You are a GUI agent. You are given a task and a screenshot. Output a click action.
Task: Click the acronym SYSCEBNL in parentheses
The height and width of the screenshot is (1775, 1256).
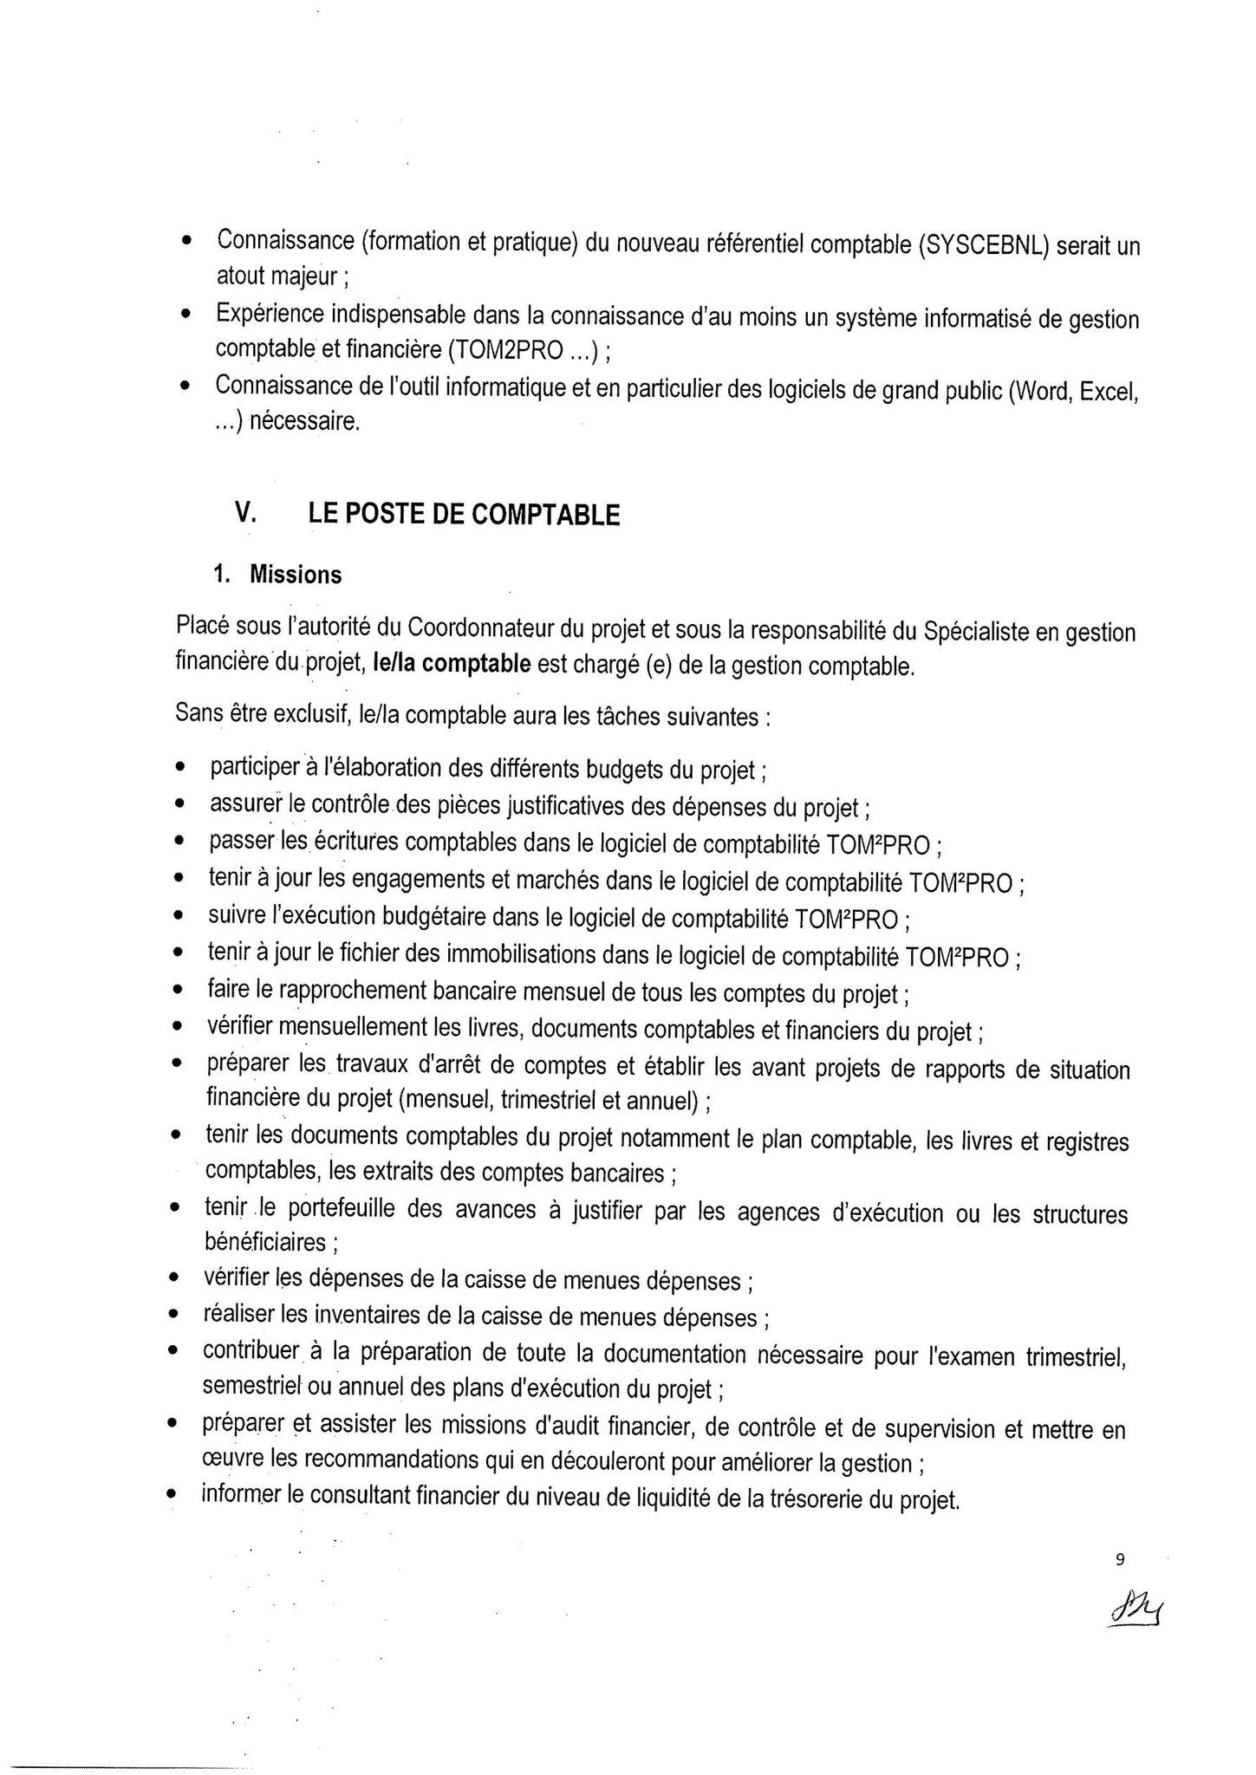tap(984, 245)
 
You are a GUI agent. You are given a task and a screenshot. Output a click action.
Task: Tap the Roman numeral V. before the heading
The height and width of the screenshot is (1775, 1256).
tap(245, 513)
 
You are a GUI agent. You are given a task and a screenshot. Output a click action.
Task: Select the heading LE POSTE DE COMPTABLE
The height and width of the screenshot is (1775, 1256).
tap(464, 515)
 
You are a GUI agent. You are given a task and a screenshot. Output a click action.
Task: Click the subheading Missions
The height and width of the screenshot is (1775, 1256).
tap(296, 575)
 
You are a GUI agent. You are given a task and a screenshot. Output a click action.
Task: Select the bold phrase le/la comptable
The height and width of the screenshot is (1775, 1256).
tap(451, 665)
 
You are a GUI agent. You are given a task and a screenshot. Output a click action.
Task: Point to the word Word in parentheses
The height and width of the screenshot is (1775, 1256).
tap(1044, 393)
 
